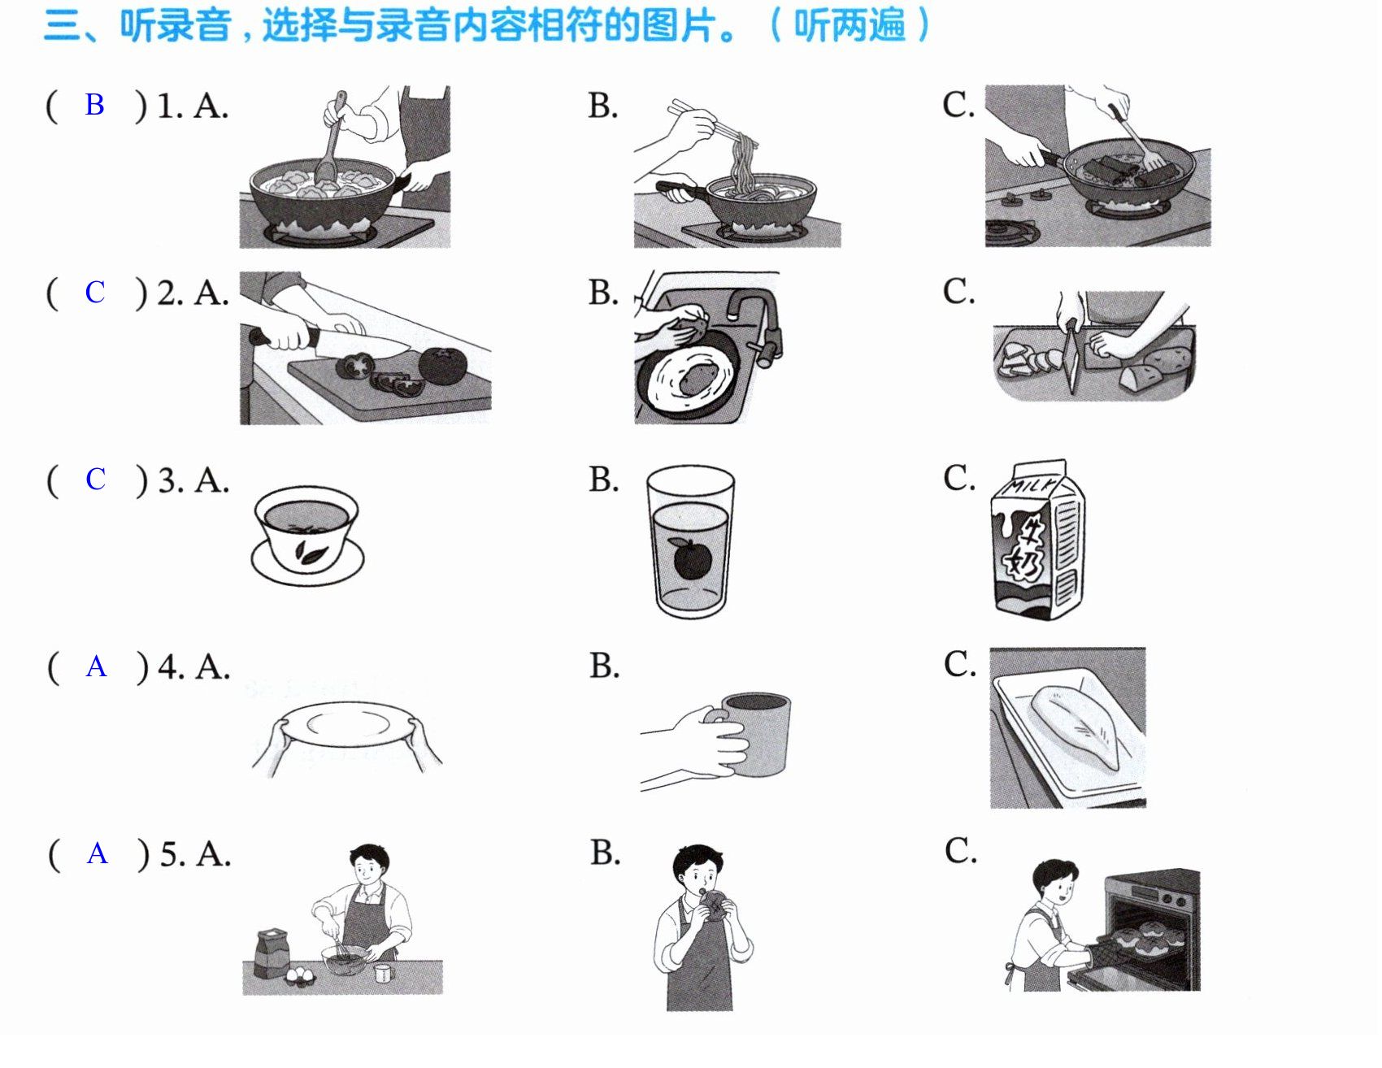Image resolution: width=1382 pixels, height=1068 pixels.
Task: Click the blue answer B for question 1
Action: click(94, 105)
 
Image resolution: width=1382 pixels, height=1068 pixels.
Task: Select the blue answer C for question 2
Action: click(95, 292)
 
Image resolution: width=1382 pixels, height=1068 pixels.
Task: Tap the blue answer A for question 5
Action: click(98, 853)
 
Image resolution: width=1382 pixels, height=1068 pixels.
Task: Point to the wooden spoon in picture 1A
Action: click(331, 138)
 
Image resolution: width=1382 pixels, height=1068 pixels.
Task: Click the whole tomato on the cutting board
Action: click(443, 366)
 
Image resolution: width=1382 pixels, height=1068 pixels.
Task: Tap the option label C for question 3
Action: click(958, 478)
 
